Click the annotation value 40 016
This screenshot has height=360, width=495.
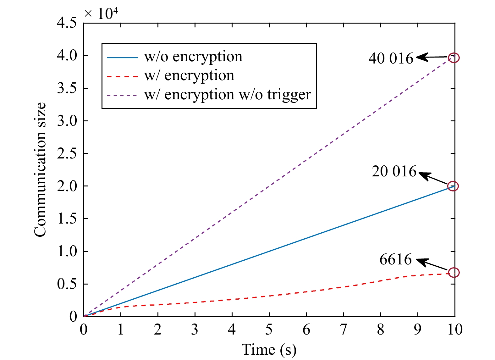pyautogui.click(x=391, y=58)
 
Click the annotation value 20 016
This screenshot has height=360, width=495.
pyautogui.click(x=394, y=171)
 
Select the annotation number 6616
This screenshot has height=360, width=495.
pyautogui.click(x=395, y=259)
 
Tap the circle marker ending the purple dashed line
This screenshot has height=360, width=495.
pyautogui.click(x=454, y=58)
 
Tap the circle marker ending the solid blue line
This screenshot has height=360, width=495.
pyautogui.click(x=453, y=186)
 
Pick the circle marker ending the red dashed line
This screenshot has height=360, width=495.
pyautogui.click(x=454, y=272)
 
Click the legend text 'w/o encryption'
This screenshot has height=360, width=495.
pyautogui.click(x=193, y=57)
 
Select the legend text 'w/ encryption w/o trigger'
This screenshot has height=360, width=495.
pyautogui.click(x=228, y=95)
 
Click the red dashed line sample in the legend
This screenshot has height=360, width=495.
pyautogui.click(x=122, y=76)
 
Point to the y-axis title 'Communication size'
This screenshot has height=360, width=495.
pyautogui.click(x=40, y=170)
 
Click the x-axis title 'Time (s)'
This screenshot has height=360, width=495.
pyautogui.click(x=269, y=350)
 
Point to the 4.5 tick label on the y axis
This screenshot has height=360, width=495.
pyautogui.click(x=67, y=23)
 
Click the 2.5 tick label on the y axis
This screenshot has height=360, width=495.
pyautogui.click(x=67, y=154)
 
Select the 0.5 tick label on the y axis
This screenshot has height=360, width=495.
pyautogui.click(x=67, y=284)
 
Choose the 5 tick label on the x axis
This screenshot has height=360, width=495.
pyautogui.click(x=269, y=330)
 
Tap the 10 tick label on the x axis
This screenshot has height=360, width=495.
pyautogui.click(x=454, y=330)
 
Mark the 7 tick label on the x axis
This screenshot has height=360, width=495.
pyautogui.click(x=343, y=330)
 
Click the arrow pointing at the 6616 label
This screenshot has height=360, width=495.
pyautogui.click(x=431, y=264)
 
